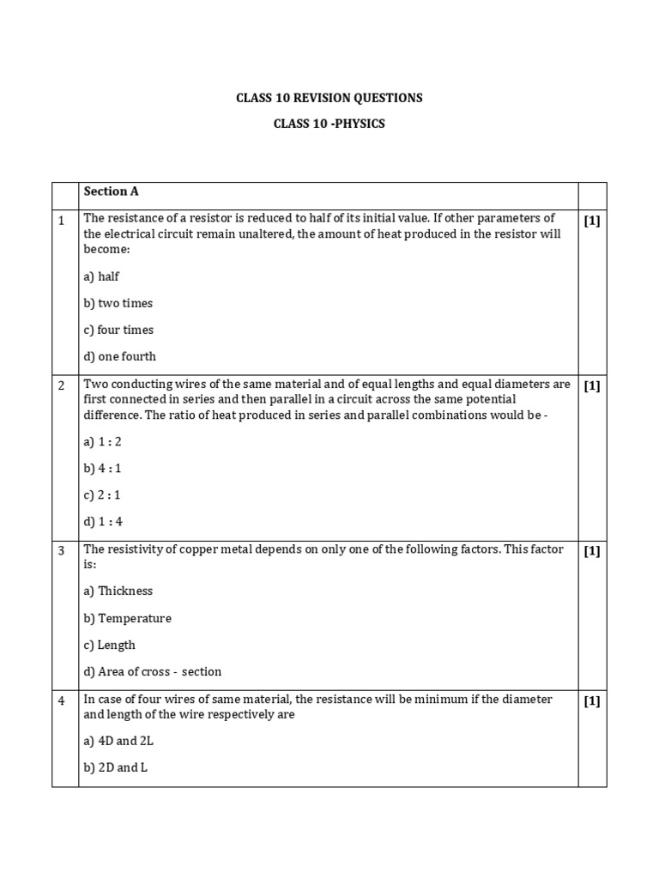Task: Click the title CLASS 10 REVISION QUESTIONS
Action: tap(329, 98)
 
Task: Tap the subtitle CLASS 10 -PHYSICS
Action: tap(329, 124)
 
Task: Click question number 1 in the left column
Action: tap(62, 221)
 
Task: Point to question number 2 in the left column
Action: tap(62, 385)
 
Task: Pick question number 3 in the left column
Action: tap(62, 550)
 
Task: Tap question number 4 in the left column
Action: tap(62, 700)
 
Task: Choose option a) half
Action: tap(101, 276)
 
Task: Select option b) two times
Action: tap(118, 303)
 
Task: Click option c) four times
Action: tap(118, 330)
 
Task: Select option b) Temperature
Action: tap(127, 618)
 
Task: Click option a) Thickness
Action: tap(118, 591)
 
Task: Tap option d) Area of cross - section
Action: tap(152, 671)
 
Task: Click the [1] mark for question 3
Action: tap(592, 550)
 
